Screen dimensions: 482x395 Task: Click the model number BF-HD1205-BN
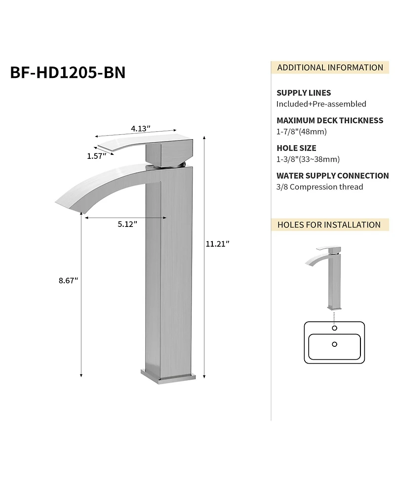click(68, 72)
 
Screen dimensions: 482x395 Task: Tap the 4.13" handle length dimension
click(140, 128)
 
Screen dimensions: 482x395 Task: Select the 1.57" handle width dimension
click(97, 156)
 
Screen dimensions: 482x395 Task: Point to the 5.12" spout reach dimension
click(127, 224)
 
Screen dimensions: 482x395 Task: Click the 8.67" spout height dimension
click(68, 280)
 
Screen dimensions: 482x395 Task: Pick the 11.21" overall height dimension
click(218, 243)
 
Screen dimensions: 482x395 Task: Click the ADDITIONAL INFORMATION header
click(330, 68)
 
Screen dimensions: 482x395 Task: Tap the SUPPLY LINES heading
click(304, 93)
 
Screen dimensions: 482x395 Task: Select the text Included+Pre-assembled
click(321, 104)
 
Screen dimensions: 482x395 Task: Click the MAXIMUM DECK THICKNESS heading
click(329, 120)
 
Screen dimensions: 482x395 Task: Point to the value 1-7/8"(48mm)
click(301, 131)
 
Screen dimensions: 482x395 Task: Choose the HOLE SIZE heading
click(296, 148)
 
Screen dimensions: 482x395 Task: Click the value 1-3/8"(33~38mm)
click(308, 159)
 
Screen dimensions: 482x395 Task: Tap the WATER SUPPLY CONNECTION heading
click(332, 176)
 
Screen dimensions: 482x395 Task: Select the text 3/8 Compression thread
click(319, 186)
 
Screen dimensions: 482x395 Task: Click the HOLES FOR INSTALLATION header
click(329, 224)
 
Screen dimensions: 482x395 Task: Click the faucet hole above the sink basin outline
click(334, 328)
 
